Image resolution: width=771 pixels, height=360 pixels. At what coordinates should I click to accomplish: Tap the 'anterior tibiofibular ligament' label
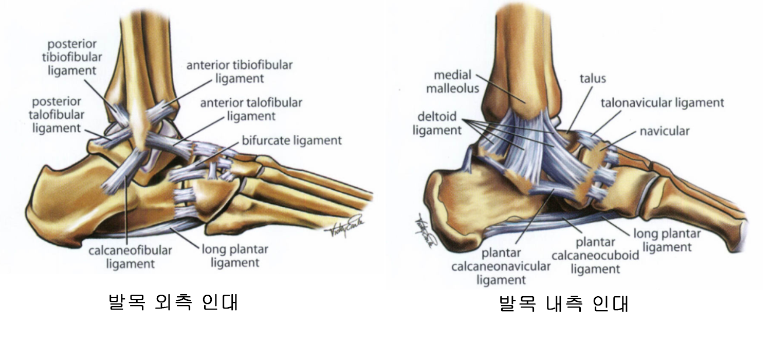239,72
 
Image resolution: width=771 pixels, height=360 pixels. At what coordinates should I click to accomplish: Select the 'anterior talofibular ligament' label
251,109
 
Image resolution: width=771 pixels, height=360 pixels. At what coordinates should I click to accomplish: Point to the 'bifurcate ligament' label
291,140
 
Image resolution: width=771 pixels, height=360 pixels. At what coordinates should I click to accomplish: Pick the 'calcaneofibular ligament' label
131,257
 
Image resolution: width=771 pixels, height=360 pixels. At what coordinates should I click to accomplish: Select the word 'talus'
593,79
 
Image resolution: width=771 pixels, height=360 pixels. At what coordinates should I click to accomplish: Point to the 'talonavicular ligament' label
662,103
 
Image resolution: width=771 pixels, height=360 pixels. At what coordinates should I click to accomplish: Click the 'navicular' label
664,131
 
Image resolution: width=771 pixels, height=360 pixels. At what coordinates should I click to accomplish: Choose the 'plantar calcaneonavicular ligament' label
501,266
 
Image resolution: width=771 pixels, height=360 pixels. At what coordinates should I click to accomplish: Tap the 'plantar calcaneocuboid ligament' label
595,255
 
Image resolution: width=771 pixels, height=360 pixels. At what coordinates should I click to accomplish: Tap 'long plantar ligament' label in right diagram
666,240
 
